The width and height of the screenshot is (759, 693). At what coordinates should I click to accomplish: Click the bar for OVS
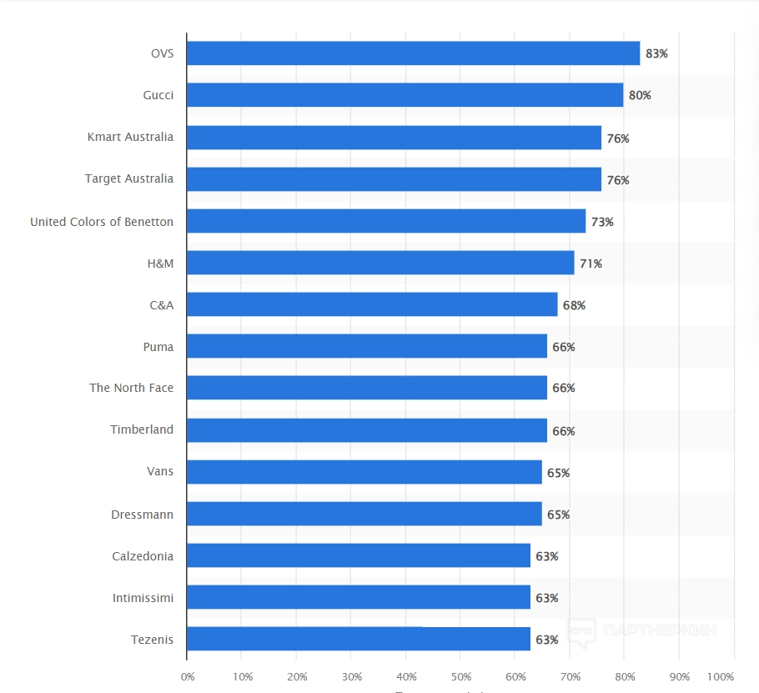tap(413, 53)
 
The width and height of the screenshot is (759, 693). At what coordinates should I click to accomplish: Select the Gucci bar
tap(405, 95)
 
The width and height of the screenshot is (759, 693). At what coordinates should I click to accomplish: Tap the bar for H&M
tap(380, 263)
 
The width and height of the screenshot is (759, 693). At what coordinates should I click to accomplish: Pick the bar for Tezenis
tap(359, 639)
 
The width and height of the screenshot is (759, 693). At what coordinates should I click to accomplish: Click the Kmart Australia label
tap(130, 137)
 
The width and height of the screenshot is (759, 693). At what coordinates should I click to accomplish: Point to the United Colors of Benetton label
tap(102, 222)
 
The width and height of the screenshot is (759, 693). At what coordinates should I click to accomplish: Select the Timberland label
tap(142, 429)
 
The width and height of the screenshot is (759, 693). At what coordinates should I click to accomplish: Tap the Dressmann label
tap(143, 515)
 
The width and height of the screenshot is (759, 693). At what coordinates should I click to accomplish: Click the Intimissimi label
tap(143, 598)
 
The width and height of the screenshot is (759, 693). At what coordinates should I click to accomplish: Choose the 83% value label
tap(656, 54)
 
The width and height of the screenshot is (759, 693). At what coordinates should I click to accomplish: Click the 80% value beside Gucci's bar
tap(640, 96)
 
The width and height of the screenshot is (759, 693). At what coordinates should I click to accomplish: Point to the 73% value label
tap(602, 223)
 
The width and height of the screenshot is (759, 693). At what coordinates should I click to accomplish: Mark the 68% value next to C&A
tap(574, 306)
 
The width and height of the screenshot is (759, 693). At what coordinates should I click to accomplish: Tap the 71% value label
tap(591, 264)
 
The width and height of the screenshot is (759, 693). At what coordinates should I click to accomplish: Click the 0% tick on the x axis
tap(187, 676)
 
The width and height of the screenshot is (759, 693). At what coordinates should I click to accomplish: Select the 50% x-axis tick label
tap(460, 676)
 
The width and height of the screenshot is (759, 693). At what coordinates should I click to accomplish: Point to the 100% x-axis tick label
tap(721, 676)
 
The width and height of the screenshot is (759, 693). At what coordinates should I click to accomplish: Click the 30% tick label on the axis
tap(351, 676)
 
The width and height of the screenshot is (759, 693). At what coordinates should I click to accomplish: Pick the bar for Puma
tap(367, 346)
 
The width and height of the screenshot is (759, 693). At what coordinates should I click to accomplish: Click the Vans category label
tap(160, 471)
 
